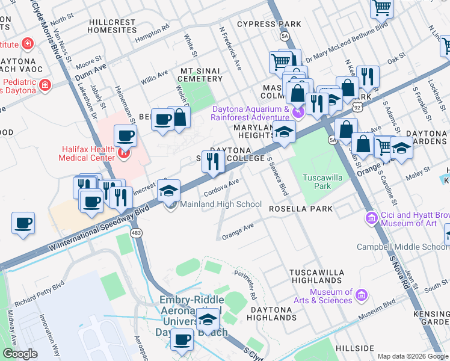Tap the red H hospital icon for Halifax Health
(x=124, y=153)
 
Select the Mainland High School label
(x=221, y=204)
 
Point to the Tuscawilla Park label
(x=317, y=182)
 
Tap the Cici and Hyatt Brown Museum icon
(x=371, y=217)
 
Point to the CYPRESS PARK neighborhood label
(x=269, y=24)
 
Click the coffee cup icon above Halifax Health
(x=125, y=135)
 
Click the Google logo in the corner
(x=20, y=354)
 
